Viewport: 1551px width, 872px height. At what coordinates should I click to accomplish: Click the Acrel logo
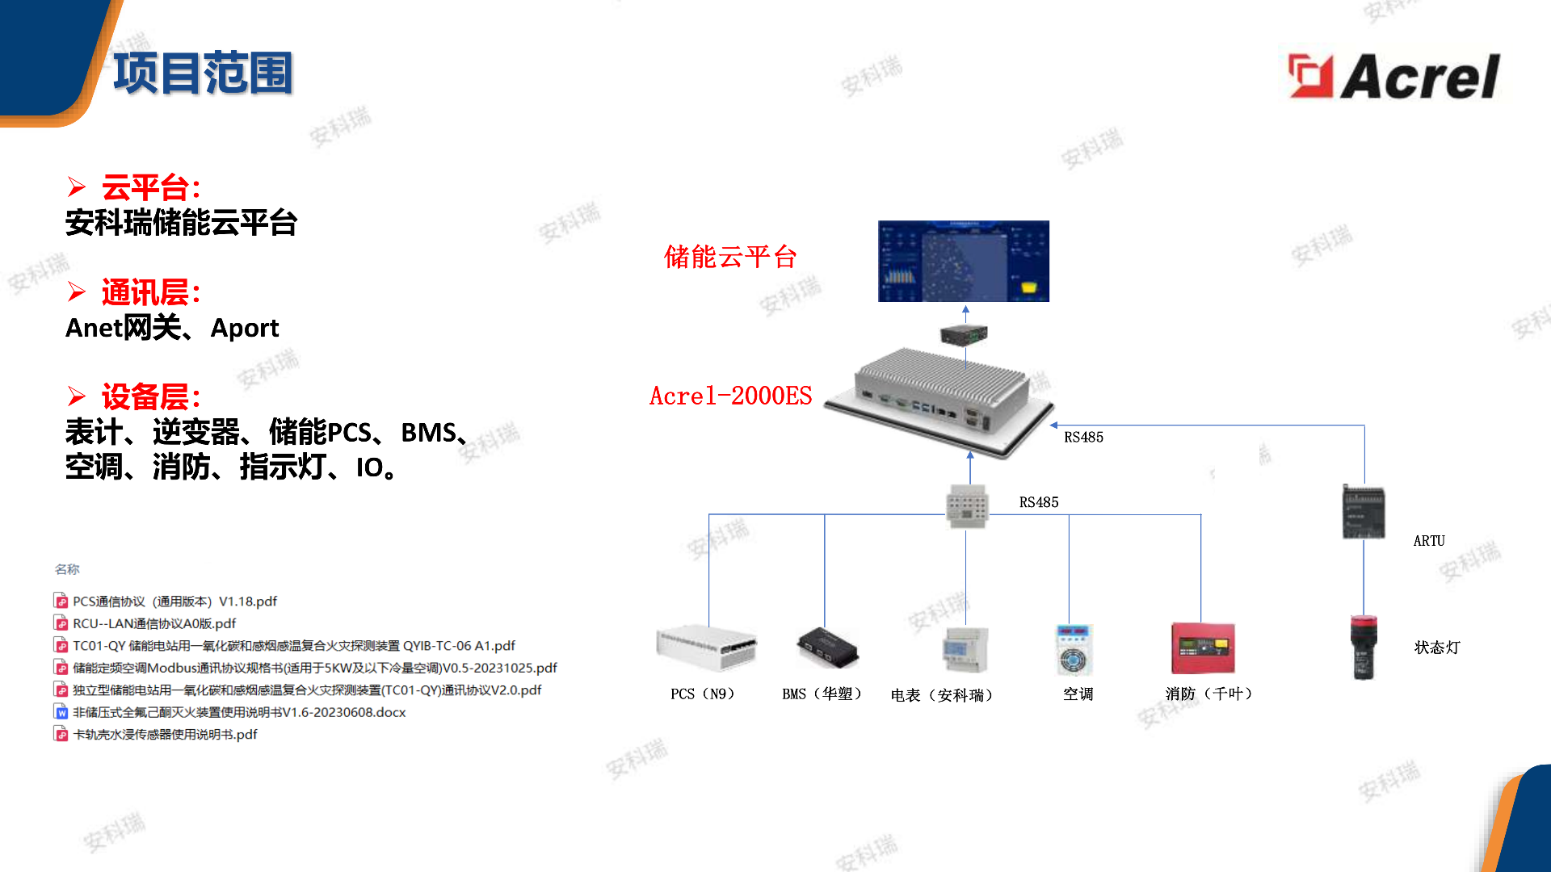[x=1393, y=76]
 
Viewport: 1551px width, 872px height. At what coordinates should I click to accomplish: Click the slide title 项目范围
[x=203, y=73]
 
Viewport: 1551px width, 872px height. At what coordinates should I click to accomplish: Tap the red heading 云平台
[x=150, y=187]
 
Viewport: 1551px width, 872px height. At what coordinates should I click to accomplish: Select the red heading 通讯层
[x=150, y=292]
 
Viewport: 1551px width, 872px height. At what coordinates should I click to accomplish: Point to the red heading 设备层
[x=150, y=397]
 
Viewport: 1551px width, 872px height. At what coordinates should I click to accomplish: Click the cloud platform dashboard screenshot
[x=964, y=261]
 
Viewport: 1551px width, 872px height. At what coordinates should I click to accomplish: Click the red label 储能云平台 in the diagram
[x=730, y=257]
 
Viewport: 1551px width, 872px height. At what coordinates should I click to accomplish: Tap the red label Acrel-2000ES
[x=731, y=396]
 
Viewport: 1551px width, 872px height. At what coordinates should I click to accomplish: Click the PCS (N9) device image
[x=707, y=648]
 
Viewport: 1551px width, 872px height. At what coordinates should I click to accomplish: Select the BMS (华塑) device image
[x=827, y=648]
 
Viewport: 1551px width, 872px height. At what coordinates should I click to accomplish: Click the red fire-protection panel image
[x=1203, y=648]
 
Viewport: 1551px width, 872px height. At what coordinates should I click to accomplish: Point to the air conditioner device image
[x=1074, y=650]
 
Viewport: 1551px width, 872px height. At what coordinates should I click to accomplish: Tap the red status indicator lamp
[x=1364, y=647]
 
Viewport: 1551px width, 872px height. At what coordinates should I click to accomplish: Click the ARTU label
[x=1429, y=541]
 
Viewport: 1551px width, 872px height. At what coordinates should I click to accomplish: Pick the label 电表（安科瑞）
[x=942, y=695]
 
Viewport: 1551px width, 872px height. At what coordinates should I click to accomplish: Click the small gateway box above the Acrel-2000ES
[x=964, y=333]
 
